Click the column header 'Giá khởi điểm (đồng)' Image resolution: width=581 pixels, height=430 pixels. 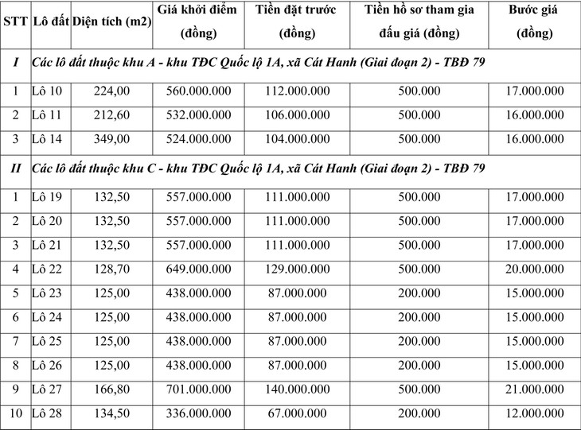(x=198, y=22)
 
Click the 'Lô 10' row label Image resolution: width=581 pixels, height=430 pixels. (x=47, y=91)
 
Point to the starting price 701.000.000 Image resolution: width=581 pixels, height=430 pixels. (x=198, y=392)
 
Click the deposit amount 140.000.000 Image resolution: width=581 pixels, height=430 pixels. (x=297, y=392)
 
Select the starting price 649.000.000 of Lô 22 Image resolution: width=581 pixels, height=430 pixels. (x=198, y=269)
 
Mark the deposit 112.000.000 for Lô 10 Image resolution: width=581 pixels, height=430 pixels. (x=297, y=91)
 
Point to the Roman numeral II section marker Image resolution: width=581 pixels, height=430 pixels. (x=14, y=169)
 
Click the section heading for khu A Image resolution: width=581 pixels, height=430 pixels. (x=258, y=62)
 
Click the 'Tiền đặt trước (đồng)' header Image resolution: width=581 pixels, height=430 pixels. (x=297, y=22)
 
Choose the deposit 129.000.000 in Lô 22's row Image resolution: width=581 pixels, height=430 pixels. (x=297, y=269)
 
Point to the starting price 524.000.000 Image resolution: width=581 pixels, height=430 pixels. (x=198, y=139)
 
